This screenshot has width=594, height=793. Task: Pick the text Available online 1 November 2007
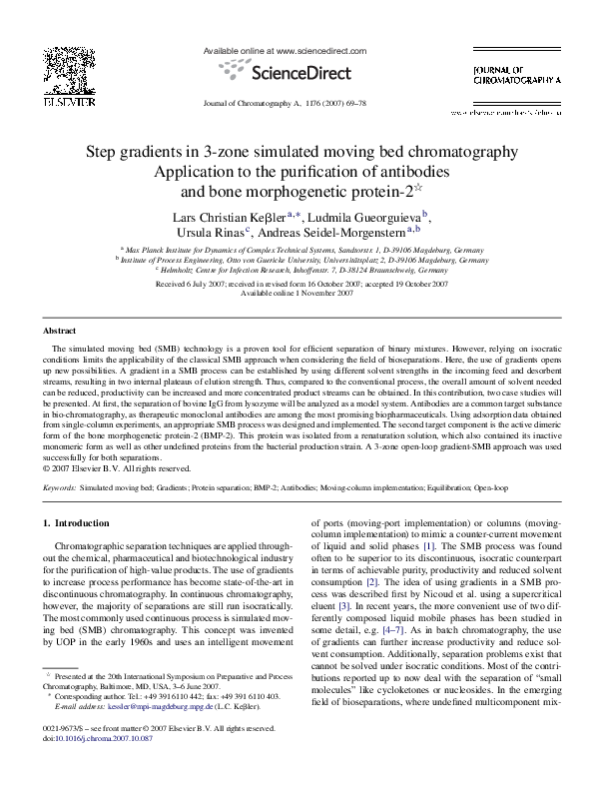click(x=297, y=294)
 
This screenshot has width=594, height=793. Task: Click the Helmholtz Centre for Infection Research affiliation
click(x=297, y=270)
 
